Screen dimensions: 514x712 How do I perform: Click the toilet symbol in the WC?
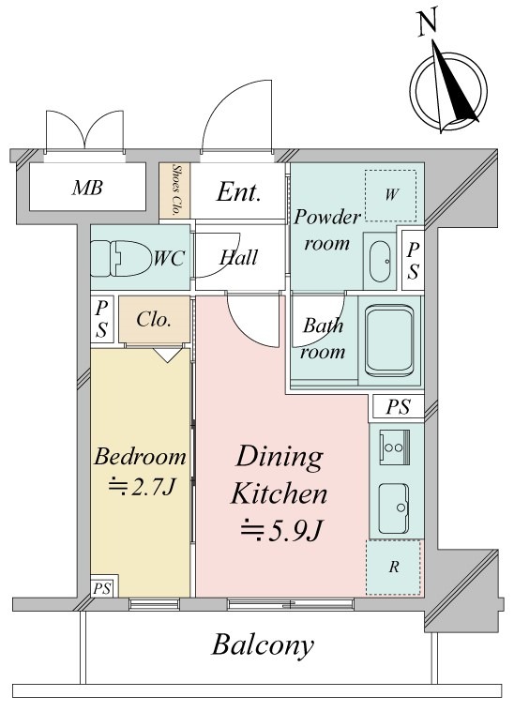coord(120,258)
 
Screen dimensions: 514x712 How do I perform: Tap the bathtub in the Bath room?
coord(389,341)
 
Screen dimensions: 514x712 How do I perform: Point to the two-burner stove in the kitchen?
coord(394,447)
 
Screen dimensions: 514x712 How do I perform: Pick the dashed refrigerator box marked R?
coord(394,568)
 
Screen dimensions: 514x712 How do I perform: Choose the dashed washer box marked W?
coord(391,195)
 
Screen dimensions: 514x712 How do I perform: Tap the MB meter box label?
coord(87,188)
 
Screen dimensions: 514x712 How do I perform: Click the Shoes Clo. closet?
coord(174,190)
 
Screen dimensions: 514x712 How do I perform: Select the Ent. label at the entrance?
coord(239,192)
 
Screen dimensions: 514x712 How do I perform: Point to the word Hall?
coord(239,258)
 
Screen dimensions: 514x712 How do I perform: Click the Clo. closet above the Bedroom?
coord(155,320)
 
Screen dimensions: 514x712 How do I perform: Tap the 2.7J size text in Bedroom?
coord(142,487)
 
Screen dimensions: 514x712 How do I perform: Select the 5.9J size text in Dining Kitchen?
coord(281,530)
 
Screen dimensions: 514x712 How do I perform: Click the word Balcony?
coord(263,644)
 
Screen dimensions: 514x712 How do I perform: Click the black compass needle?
coord(456,86)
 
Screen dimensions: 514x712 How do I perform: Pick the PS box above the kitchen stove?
coord(399,407)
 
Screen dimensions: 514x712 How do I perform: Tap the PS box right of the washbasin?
coord(413,260)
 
